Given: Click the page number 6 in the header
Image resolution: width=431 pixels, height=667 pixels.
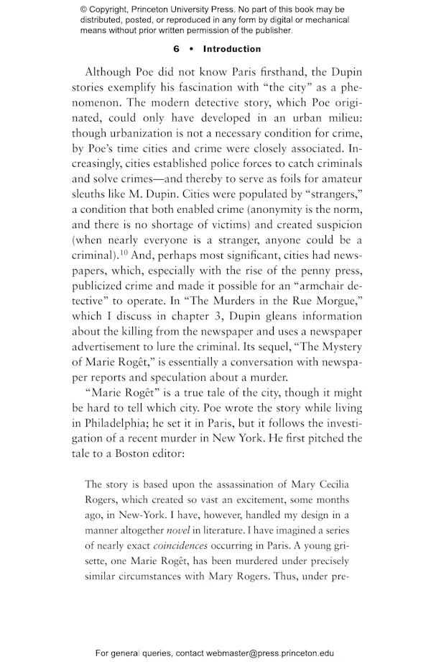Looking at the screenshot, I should coord(176,49).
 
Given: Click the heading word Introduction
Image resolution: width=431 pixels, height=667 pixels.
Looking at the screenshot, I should coord(232,49).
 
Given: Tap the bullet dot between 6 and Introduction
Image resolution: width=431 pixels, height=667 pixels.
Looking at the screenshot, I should coord(191,49).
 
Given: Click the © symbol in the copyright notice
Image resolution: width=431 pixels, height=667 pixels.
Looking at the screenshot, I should coord(84,9).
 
